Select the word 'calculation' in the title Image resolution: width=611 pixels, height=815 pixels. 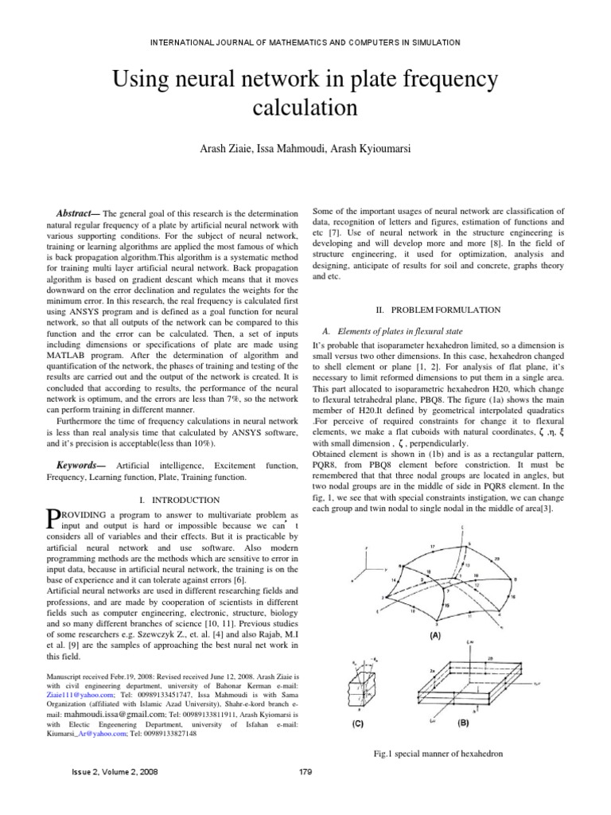point(305,107)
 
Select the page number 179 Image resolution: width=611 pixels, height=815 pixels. point(304,794)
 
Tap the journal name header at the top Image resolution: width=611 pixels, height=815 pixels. point(305,41)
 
